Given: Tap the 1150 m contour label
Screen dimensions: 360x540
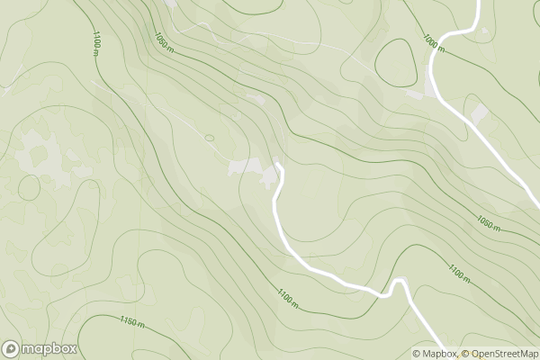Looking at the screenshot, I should (x=132, y=321).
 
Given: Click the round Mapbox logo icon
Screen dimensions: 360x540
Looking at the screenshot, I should (x=11, y=349).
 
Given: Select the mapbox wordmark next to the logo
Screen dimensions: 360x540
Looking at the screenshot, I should (x=49, y=349).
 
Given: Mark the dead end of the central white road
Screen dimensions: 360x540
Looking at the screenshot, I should (x=278, y=165).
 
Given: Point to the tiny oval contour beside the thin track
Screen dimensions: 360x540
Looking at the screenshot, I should (x=209, y=138).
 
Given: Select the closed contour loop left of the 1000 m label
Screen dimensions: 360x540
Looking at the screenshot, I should (x=394, y=62).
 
